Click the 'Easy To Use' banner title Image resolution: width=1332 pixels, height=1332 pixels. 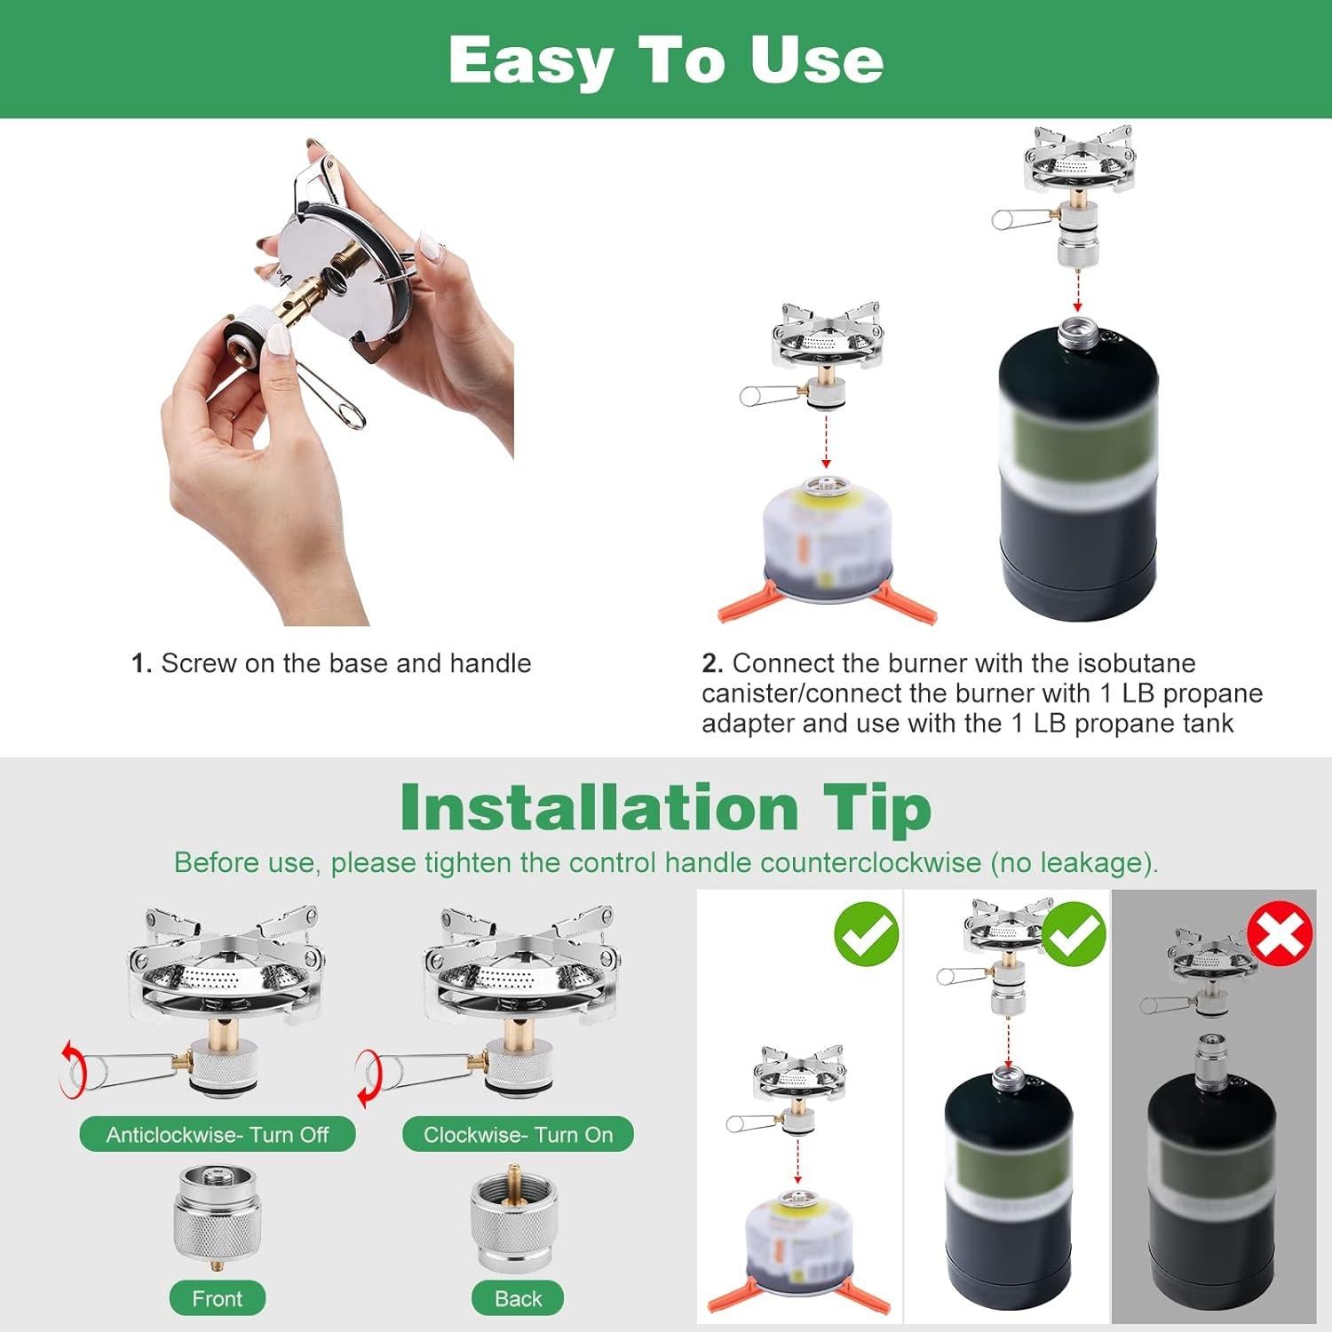tap(665, 59)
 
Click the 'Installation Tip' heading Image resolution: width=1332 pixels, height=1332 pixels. tap(665, 807)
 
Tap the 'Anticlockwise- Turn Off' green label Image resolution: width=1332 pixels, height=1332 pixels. tap(218, 1134)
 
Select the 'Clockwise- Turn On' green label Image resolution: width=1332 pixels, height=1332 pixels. tap(518, 1134)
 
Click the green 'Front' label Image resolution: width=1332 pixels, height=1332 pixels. tap(218, 1298)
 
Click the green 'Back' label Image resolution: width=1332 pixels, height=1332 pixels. tap(518, 1298)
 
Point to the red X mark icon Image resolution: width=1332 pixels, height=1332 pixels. tap(1280, 933)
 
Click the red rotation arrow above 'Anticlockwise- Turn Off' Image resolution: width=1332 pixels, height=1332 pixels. tap(70, 1068)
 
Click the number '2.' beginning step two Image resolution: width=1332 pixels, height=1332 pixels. tap(712, 663)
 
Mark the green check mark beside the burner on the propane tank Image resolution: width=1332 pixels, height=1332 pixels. tap(1073, 933)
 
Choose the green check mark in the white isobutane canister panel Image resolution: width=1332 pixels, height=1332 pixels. tap(866, 933)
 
